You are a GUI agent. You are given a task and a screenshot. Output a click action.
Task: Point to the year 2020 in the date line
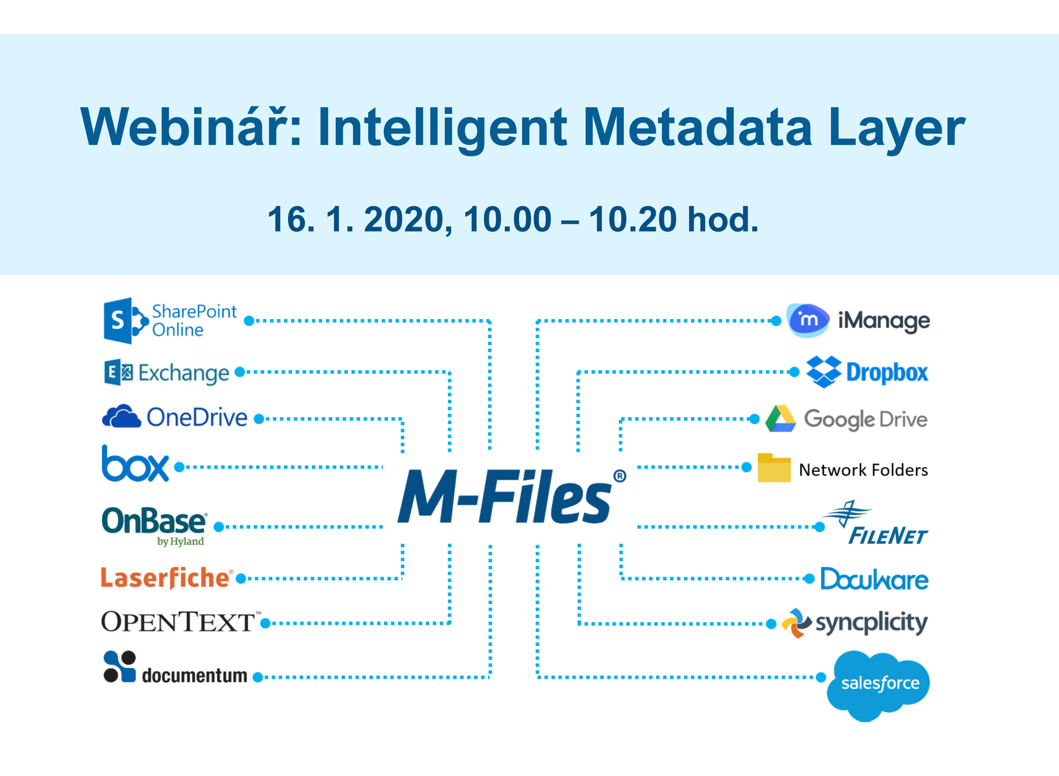[404, 219]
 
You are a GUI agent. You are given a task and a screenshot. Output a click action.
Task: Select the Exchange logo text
[183, 374]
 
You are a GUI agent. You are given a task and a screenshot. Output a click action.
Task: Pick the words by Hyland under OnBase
[180, 541]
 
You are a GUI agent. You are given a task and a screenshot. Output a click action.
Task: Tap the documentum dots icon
[119, 667]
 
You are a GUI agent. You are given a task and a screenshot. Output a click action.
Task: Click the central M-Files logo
[505, 497]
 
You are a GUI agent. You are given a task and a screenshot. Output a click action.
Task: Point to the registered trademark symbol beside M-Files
[620, 476]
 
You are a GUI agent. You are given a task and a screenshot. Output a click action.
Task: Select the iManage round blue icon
[808, 320]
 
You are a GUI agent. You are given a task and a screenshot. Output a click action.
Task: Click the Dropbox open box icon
[824, 371]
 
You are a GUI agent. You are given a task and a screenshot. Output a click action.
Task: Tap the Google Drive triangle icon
[780, 419]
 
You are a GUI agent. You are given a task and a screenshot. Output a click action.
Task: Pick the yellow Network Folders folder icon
[774, 468]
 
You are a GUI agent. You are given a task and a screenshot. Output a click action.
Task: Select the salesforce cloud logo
[878, 684]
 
